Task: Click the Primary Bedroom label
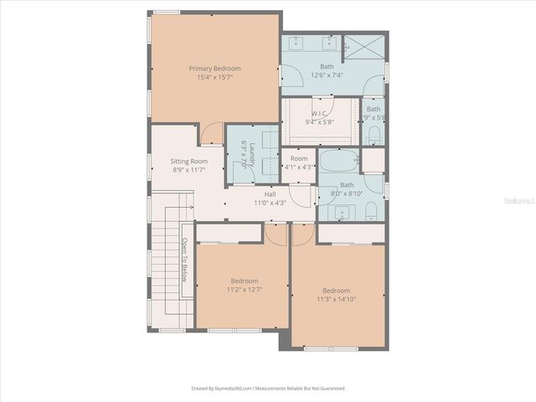coord(214,68)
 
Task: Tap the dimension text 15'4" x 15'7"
coord(214,77)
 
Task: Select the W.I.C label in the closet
coord(319,113)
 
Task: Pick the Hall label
coord(270,193)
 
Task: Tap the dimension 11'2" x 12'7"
coord(245,290)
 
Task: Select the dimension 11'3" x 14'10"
coord(338,299)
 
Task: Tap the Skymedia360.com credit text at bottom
coord(267,389)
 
